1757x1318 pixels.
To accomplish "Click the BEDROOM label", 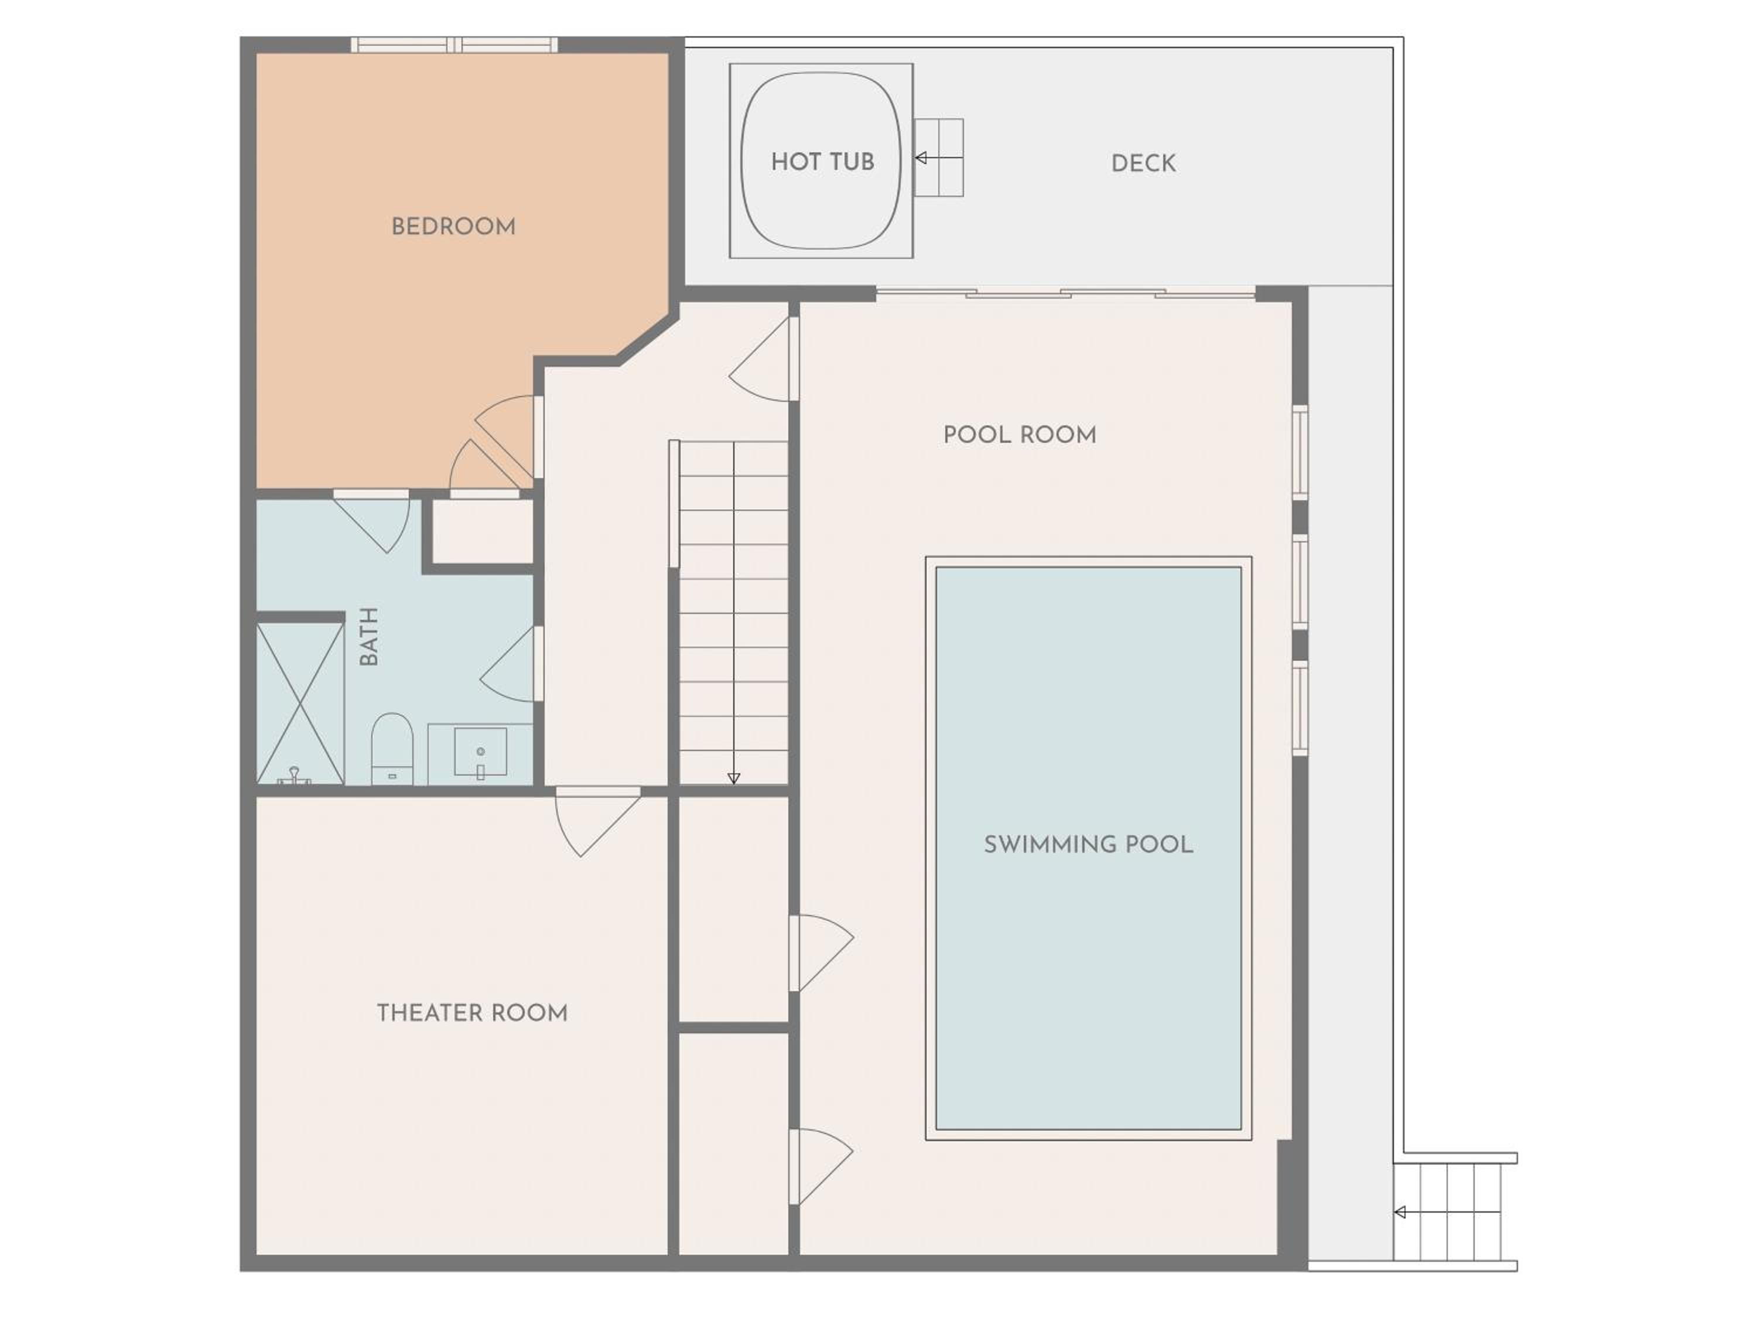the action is coord(453,227).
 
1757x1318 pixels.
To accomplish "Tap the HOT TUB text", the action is coord(822,162).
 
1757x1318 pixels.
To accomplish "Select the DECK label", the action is coord(1143,163).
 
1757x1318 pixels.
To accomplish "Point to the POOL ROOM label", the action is coord(1019,435).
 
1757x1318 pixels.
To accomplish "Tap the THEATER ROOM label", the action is coord(472,1013).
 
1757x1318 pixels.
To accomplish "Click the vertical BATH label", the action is coord(368,636).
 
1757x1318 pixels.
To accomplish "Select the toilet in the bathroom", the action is coord(392,749).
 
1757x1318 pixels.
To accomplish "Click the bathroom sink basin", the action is coord(480,752).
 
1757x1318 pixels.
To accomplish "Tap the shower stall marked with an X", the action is coord(300,703).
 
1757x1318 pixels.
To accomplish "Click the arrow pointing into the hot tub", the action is coord(939,158).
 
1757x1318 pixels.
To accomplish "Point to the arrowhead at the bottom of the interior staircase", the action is coord(734,778).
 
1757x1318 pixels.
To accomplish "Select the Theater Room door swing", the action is coord(597,822).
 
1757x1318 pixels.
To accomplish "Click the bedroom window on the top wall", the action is coord(454,45).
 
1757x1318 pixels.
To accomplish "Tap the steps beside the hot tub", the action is coord(939,158).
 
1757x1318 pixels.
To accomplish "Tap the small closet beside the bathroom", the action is coord(482,531).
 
